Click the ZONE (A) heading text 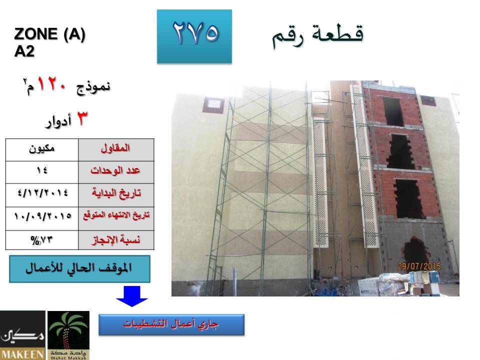pos(49,34)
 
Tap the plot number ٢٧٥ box pos(194,36)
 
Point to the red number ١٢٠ pos(51,84)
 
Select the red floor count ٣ pos(81,118)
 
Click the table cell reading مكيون pos(42,150)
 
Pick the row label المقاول pos(115,148)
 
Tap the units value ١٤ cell pos(42,172)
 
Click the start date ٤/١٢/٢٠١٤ pos(43,193)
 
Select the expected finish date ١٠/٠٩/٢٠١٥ pos(42,216)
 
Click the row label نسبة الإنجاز pos(116,240)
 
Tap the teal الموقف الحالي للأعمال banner pos(79,269)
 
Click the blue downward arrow pos(132,296)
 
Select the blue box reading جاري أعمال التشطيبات pos(171,325)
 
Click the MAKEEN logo pos(22,335)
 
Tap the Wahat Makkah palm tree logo pos(68,335)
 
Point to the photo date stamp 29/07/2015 pos(419,266)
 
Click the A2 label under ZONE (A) pos(24,51)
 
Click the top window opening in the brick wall pos(393,111)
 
